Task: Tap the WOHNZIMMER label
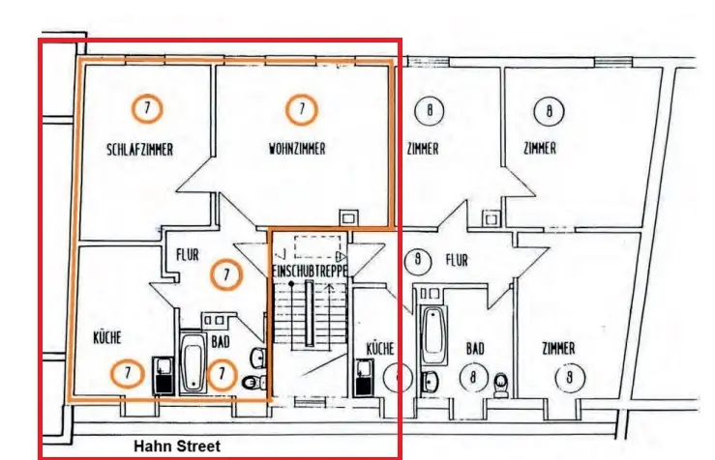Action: click(x=297, y=149)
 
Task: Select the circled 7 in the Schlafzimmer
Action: click(x=146, y=109)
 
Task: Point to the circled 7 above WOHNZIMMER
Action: click(x=301, y=110)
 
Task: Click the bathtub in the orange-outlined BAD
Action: click(x=193, y=361)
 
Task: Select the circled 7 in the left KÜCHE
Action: click(x=125, y=372)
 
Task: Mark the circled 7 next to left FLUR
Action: click(x=225, y=274)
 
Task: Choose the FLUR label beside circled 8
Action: click(x=457, y=260)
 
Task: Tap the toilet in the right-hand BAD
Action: click(x=500, y=384)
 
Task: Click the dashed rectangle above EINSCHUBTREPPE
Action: click(x=320, y=246)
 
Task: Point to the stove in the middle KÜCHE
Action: click(x=365, y=377)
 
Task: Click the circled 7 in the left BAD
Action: click(x=223, y=374)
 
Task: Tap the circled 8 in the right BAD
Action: click(x=473, y=379)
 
